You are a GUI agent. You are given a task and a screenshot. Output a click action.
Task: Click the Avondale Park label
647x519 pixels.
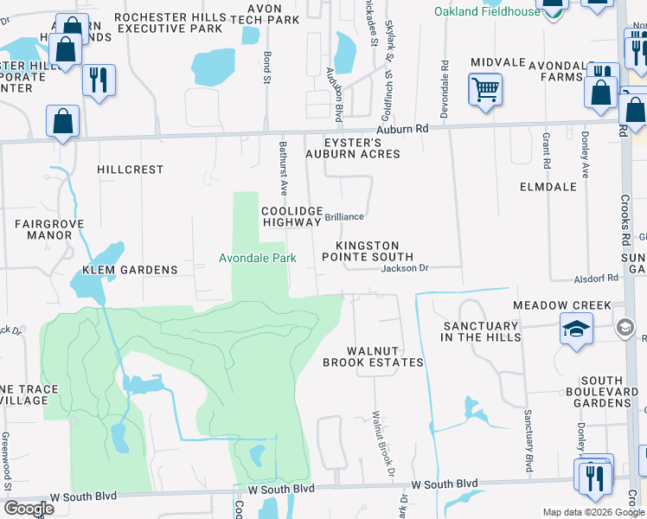click(257, 258)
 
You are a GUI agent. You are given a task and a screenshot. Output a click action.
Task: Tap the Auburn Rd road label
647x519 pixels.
click(408, 128)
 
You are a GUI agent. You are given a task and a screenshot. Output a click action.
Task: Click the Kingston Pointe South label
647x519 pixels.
click(368, 251)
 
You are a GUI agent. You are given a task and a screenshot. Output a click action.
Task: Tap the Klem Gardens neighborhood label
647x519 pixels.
click(130, 270)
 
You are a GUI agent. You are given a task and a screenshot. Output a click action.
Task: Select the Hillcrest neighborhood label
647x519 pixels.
click(131, 170)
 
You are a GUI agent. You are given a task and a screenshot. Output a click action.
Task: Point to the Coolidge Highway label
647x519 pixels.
click(291, 216)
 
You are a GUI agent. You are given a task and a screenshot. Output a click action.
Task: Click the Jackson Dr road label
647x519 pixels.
click(405, 268)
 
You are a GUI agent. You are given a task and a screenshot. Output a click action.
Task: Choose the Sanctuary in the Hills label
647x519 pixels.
click(480, 331)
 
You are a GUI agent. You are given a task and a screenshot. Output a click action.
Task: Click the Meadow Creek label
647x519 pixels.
click(561, 305)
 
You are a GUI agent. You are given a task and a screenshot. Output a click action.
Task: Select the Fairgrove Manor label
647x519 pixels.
click(43, 228)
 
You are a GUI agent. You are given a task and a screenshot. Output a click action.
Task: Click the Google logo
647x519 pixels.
click(29, 509)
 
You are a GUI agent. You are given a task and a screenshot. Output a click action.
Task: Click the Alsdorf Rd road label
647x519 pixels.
click(597, 279)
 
